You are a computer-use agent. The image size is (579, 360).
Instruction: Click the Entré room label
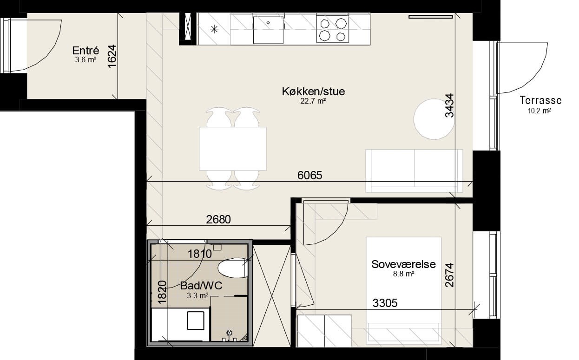[x=86, y=50]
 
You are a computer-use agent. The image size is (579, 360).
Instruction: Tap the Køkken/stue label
[x=313, y=92]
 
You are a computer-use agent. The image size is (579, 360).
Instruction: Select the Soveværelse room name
[x=403, y=264]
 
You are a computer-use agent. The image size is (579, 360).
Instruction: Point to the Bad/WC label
[x=201, y=286]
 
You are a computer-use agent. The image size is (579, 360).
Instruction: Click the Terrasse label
[x=541, y=100]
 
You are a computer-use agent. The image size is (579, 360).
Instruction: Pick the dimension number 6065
[x=309, y=175]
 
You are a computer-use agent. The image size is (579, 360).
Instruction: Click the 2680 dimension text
[x=218, y=219]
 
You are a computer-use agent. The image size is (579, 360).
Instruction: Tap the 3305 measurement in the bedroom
[x=385, y=303]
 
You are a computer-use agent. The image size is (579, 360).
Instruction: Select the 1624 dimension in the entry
[x=112, y=57]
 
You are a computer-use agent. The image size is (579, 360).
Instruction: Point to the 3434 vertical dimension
[x=449, y=105]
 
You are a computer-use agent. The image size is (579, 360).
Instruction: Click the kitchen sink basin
[x=268, y=30]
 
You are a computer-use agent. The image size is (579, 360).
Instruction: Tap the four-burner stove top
[x=333, y=29]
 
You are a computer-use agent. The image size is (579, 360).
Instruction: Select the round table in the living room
[x=434, y=119]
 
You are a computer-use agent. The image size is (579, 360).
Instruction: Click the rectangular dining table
[x=233, y=149]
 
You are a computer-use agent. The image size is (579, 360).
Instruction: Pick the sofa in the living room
[x=414, y=171]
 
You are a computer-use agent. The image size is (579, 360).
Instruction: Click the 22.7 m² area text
[x=313, y=101]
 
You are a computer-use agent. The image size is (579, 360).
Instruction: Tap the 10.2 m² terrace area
[x=540, y=111]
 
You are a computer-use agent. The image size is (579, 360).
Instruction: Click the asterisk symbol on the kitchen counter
[x=214, y=29]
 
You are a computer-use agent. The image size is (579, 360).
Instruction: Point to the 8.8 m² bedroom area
[x=404, y=274]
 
